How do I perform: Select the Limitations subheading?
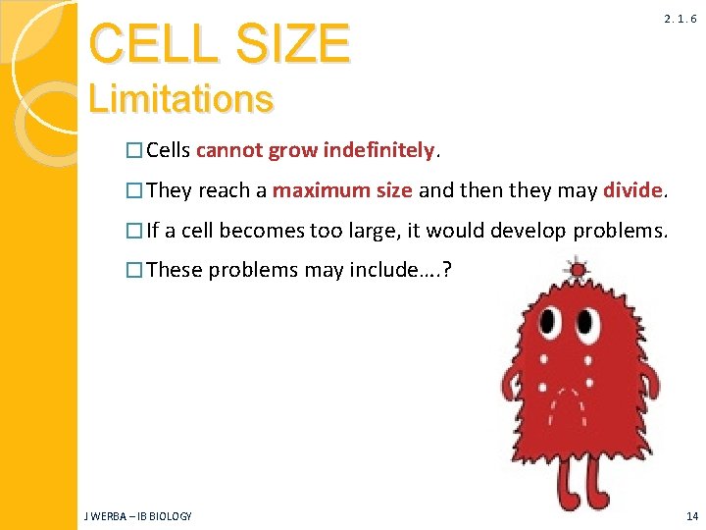180,98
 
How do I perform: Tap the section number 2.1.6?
680,19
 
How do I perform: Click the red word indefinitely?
378,150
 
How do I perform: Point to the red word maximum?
307,190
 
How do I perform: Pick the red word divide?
633,190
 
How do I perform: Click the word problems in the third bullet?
620,231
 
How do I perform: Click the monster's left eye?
551,321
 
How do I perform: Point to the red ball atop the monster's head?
578,268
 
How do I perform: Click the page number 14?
692,516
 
